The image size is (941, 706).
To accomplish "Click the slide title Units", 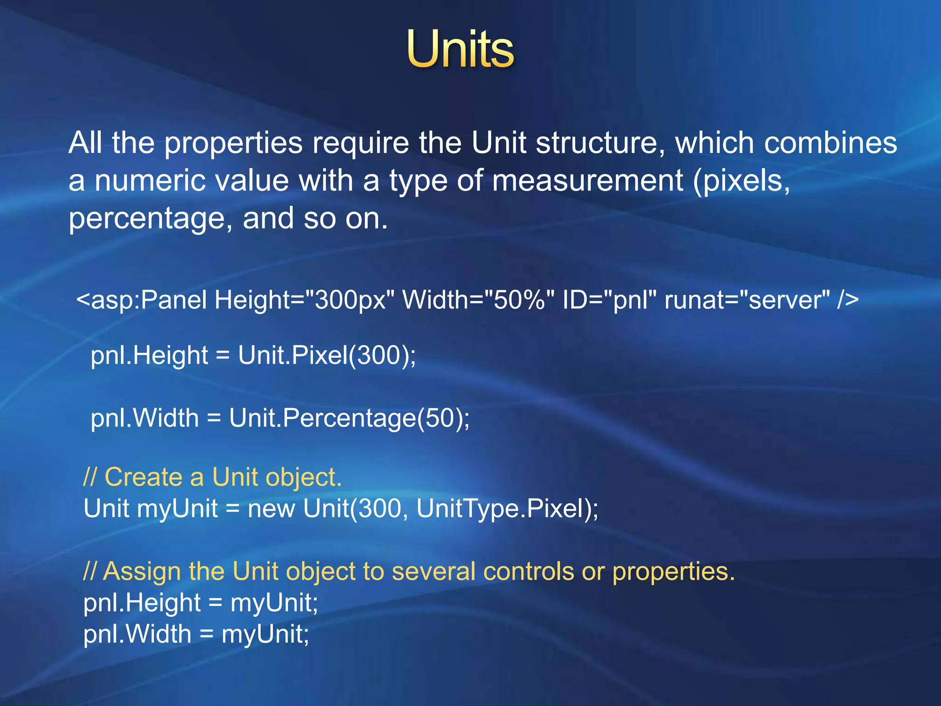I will [x=460, y=49].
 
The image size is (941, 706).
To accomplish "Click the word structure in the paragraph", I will [x=600, y=143].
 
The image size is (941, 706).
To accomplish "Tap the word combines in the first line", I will [x=830, y=143].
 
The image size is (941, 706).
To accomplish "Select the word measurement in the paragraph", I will [x=587, y=181].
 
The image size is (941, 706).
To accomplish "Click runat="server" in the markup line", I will [x=747, y=300].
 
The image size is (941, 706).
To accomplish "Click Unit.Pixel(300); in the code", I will [x=327, y=355].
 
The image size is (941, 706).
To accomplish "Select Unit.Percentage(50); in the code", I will [x=349, y=418].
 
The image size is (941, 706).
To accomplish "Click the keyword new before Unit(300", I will [x=271, y=509].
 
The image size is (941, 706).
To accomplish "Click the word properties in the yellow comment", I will [x=673, y=572].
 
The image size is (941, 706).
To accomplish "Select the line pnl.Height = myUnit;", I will [x=201, y=603].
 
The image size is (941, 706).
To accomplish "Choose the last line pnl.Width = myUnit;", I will [x=196, y=634].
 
